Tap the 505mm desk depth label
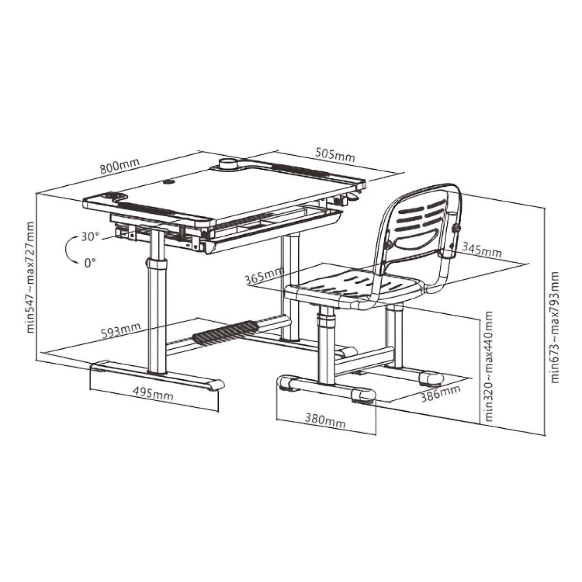[x=335, y=155]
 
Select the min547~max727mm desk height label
[x=31, y=277]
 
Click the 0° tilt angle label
[x=90, y=263]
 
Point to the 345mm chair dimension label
[x=482, y=250]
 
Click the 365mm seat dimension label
[x=265, y=275]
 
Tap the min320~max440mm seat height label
[x=489, y=367]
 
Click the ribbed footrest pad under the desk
[x=226, y=332]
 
